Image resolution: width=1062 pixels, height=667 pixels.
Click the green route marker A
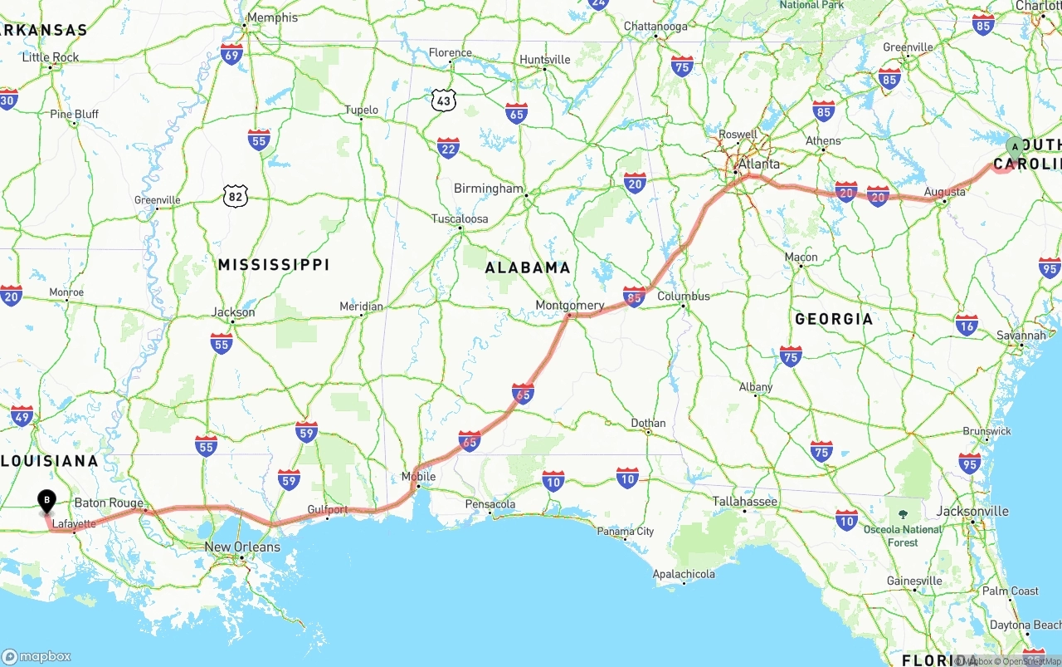[1015, 147]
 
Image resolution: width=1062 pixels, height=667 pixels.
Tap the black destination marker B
[47, 500]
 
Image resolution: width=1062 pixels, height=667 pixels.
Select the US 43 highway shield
[444, 101]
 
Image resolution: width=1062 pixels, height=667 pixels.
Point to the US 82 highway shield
[236, 196]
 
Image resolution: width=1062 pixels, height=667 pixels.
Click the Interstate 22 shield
[448, 149]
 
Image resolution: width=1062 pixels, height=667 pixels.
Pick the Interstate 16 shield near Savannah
[967, 324]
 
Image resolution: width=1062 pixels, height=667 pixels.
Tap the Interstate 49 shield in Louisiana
[22, 417]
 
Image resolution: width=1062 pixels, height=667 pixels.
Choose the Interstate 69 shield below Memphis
[231, 55]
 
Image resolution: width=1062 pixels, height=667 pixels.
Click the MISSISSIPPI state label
[274, 265]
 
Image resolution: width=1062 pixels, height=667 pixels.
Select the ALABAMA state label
[528, 267]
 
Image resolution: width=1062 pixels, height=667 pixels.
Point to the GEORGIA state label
[834, 319]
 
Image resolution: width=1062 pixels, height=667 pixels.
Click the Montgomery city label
[569, 305]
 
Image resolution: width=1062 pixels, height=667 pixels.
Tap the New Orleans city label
[242, 547]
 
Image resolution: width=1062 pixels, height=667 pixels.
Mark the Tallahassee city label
[745, 501]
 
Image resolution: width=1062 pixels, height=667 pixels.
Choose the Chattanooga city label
[655, 26]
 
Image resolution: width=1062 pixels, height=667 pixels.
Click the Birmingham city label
[489, 189]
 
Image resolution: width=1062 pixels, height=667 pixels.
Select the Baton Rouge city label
[109, 503]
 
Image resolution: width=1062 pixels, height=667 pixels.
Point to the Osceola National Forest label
[903, 536]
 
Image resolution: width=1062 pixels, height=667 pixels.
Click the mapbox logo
[37, 656]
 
